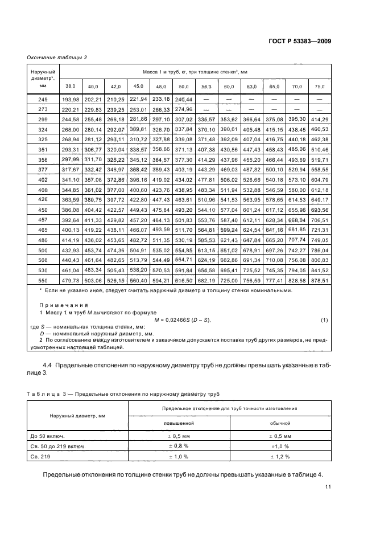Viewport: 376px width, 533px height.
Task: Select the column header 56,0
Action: point(205,86)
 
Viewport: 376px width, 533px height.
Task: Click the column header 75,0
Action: point(320,86)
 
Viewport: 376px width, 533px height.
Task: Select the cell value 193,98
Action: point(71,99)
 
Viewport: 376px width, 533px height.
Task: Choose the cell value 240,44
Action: point(184,99)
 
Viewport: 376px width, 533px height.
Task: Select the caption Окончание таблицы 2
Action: point(57,56)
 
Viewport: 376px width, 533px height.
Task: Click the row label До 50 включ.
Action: point(50,436)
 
